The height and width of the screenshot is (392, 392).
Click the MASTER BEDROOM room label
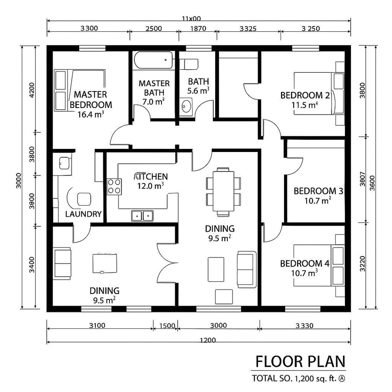91,99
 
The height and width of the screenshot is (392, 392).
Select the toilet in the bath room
190,64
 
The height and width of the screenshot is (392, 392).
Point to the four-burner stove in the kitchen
115,186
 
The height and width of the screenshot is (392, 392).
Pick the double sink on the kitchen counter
142,215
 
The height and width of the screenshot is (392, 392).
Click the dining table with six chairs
223,192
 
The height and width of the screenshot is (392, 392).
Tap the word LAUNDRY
83,214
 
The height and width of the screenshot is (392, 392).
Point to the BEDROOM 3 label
318,191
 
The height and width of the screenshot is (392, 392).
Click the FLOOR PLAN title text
300,362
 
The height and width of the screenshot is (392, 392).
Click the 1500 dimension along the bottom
167,325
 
